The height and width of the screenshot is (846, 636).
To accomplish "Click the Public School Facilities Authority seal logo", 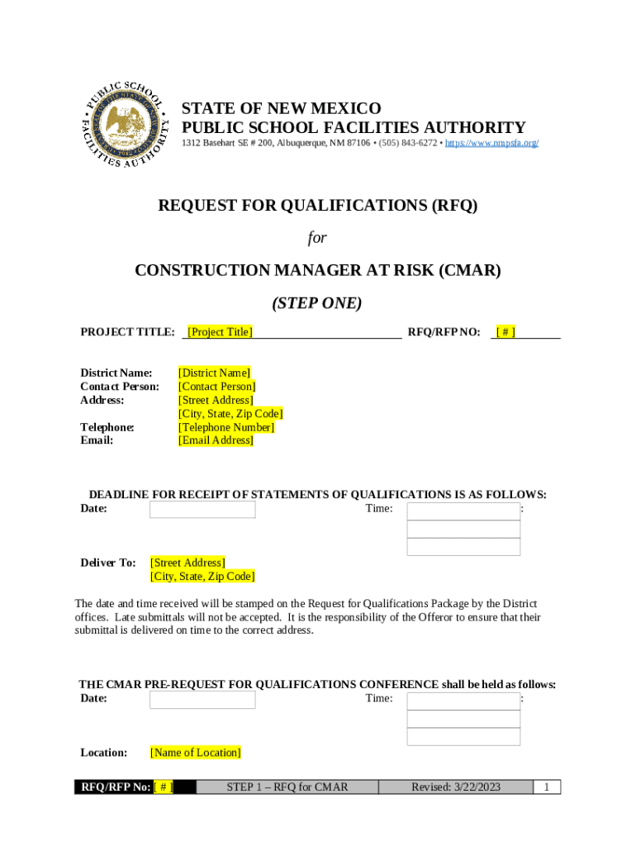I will coord(126,124).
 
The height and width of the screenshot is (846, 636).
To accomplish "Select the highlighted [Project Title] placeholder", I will coord(220,332).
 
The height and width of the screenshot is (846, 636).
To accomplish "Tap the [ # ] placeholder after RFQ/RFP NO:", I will coord(505,332).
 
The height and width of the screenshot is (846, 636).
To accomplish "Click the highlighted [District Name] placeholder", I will coord(214,373).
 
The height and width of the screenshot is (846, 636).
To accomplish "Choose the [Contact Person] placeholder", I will coord(217,387).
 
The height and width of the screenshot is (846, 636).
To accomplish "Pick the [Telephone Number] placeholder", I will coord(226,427).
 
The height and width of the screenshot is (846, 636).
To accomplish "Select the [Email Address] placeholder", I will coord(216,440).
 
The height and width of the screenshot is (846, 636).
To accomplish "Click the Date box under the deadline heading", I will coord(202,510).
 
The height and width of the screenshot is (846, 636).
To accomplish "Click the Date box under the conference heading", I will coord(202,700).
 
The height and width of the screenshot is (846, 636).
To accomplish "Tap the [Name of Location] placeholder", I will coord(195,753).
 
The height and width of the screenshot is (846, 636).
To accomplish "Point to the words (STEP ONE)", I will coord(317,303).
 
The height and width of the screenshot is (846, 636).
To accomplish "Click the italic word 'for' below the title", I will coord(317,238).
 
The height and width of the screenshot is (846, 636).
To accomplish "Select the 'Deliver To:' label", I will coord(107,563).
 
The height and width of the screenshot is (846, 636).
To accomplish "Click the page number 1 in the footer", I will coord(547,787).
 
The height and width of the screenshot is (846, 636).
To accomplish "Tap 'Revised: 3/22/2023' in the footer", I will coord(456,787).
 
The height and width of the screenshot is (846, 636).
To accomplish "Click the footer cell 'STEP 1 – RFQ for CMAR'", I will coord(287,787).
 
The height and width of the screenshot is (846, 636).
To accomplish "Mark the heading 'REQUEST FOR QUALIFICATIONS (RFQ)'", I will coord(318,207).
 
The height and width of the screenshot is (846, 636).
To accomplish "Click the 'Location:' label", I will coord(103,753).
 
